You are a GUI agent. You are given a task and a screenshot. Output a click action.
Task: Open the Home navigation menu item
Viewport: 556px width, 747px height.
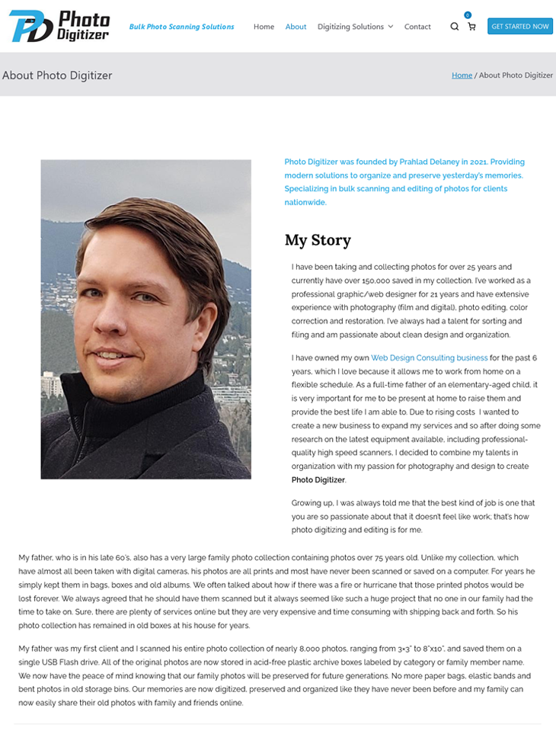[x=264, y=27]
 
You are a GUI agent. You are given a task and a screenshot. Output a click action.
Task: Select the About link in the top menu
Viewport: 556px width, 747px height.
[x=296, y=27]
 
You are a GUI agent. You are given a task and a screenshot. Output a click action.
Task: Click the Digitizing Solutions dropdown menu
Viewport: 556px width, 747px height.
[x=355, y=27]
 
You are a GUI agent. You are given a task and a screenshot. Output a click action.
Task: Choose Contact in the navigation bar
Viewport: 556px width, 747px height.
[x=417, y=27]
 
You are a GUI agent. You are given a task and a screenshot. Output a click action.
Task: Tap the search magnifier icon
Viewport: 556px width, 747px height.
[x=455, y=27]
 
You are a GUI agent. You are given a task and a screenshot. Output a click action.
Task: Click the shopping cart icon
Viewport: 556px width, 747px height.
[x=471, y=27]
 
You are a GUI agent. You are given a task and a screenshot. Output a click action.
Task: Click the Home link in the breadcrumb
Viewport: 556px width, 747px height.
[x=462, y=75]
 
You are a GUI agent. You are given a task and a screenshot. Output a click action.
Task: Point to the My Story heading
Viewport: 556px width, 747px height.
[x=318, y=240]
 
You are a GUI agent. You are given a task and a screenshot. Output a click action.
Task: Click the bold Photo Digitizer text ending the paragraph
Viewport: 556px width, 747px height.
[x=318, y=480]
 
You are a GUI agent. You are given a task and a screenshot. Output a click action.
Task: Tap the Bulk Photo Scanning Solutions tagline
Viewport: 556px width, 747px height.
[x=181, y=27]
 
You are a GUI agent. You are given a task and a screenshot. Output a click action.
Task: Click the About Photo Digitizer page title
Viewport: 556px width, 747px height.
[x=57, y=75]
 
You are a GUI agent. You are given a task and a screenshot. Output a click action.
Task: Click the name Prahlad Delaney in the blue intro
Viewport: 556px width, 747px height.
[x=437, y=162]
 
